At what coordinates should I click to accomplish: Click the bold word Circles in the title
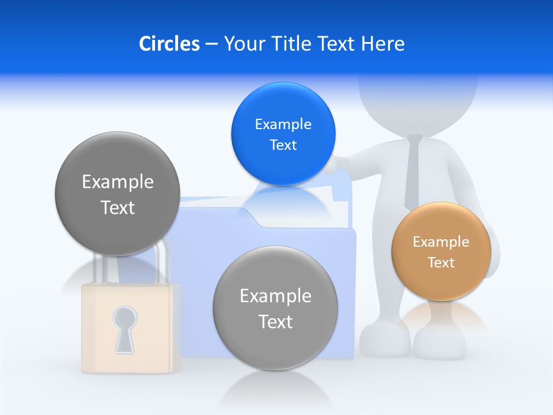coord(169,44)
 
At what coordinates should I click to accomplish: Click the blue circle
coord(283,134)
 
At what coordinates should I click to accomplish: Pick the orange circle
coord(441,251)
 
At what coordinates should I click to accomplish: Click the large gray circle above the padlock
coord(118,194)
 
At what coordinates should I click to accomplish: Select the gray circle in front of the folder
coord(275,308)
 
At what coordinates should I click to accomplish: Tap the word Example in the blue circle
coord(283,124)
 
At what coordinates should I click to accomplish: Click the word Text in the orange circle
coord(441,263)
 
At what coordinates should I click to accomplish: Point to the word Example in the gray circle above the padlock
coord(118,182)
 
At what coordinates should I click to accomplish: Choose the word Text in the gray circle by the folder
coord(275,322)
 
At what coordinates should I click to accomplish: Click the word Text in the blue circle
coord(283,145)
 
